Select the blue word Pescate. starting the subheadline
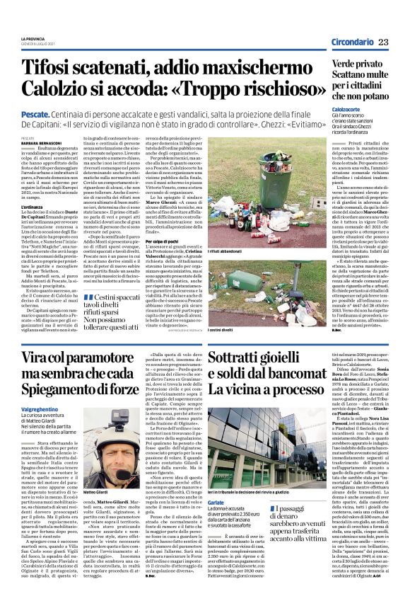coord(35,113)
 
